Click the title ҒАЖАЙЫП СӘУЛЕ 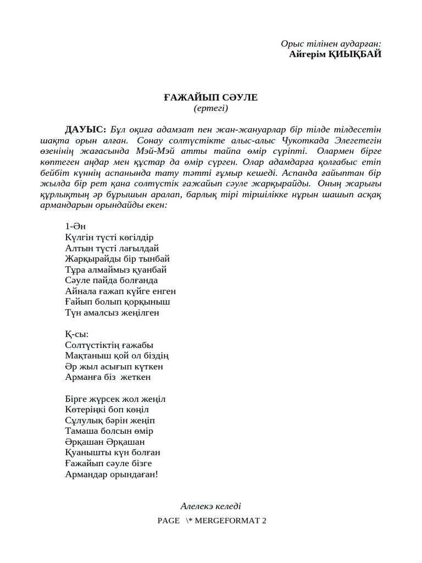click(x=210, y=98)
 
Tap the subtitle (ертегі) click(x=210, y=108)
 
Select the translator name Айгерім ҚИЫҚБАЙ click(x=335, y=54)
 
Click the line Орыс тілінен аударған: click(x=331, y=43)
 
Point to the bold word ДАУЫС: click(x=86, y=130)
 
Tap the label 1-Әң click(x=75, y=227)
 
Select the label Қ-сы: click(x=76, y=334)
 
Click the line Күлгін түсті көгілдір click(x=109, y=238)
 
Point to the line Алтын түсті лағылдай click(x=112, y=248)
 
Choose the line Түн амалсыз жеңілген click(x=112, y=313)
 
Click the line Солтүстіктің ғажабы click(x=109, y=345)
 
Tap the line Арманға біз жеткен click(x=108, y=377)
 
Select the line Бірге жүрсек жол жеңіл click(x=115, y=399)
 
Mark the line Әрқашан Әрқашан click(x=104, y=442)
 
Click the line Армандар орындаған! click(x=111, y=474)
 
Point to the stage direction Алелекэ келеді click(x=210, y=506)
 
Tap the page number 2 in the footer click(x=264, y=521)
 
